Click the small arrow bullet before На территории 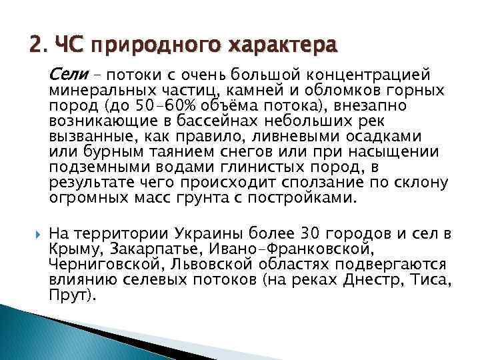[x=36, y=234]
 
